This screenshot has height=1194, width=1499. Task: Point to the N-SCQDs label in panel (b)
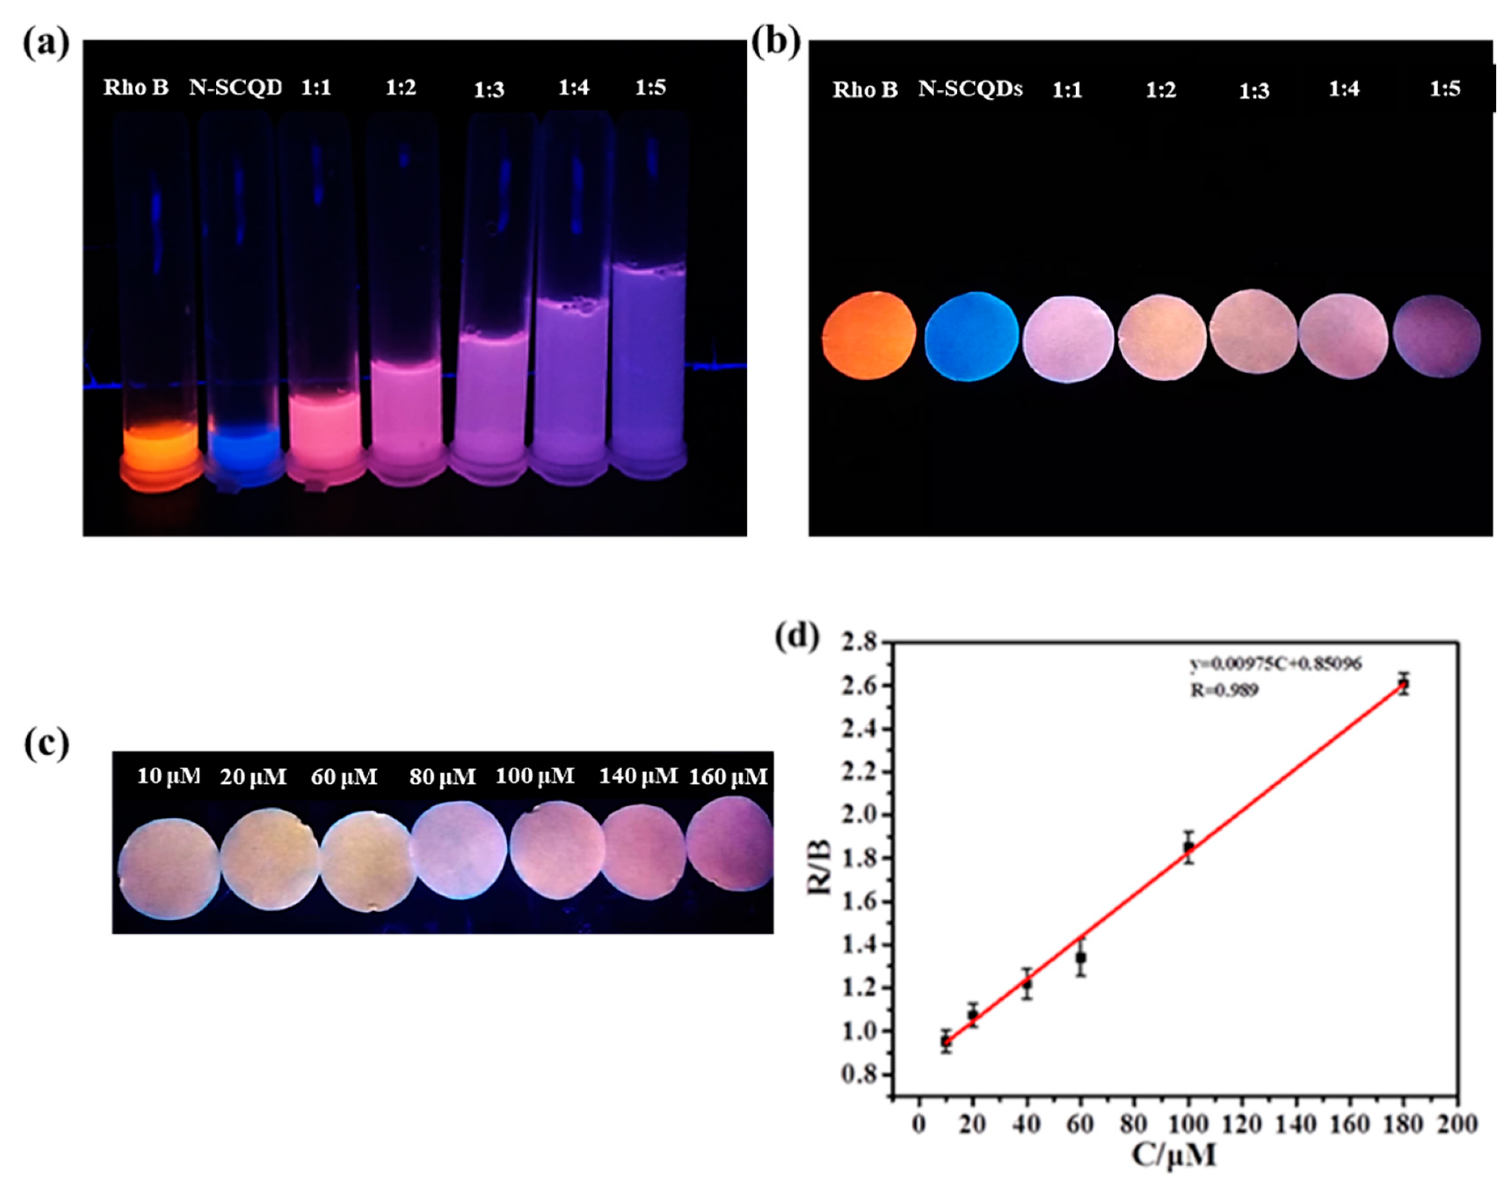971,89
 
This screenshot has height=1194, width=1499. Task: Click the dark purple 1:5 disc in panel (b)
1437,336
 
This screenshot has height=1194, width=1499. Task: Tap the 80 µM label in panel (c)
442,776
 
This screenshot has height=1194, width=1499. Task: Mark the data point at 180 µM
1404,684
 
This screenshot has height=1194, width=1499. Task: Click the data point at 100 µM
1189,847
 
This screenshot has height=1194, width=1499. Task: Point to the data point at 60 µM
1081,957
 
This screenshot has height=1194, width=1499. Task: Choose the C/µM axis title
1174,1155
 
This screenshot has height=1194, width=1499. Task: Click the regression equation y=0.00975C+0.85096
1275,664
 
